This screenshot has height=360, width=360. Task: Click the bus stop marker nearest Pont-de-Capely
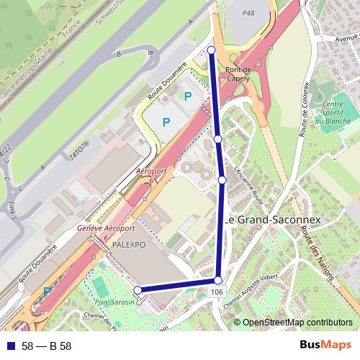click(x=211, y=50)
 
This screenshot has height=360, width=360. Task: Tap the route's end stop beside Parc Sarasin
click(x=138, y=291)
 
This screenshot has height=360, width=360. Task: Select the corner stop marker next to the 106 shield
click(x=217, y=280)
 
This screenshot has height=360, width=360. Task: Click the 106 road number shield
click(x=217, y=292)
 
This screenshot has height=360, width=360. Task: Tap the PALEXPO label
click(x=129, y=245)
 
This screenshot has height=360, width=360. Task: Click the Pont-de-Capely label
click(x=238, y=73)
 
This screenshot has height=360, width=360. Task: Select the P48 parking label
click(x=249, y=13)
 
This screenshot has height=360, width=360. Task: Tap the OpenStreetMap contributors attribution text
click(x=297, y=323)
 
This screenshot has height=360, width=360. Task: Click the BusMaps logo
click(x=325, y=346)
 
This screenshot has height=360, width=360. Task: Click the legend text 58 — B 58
click(x=47, y=346)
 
